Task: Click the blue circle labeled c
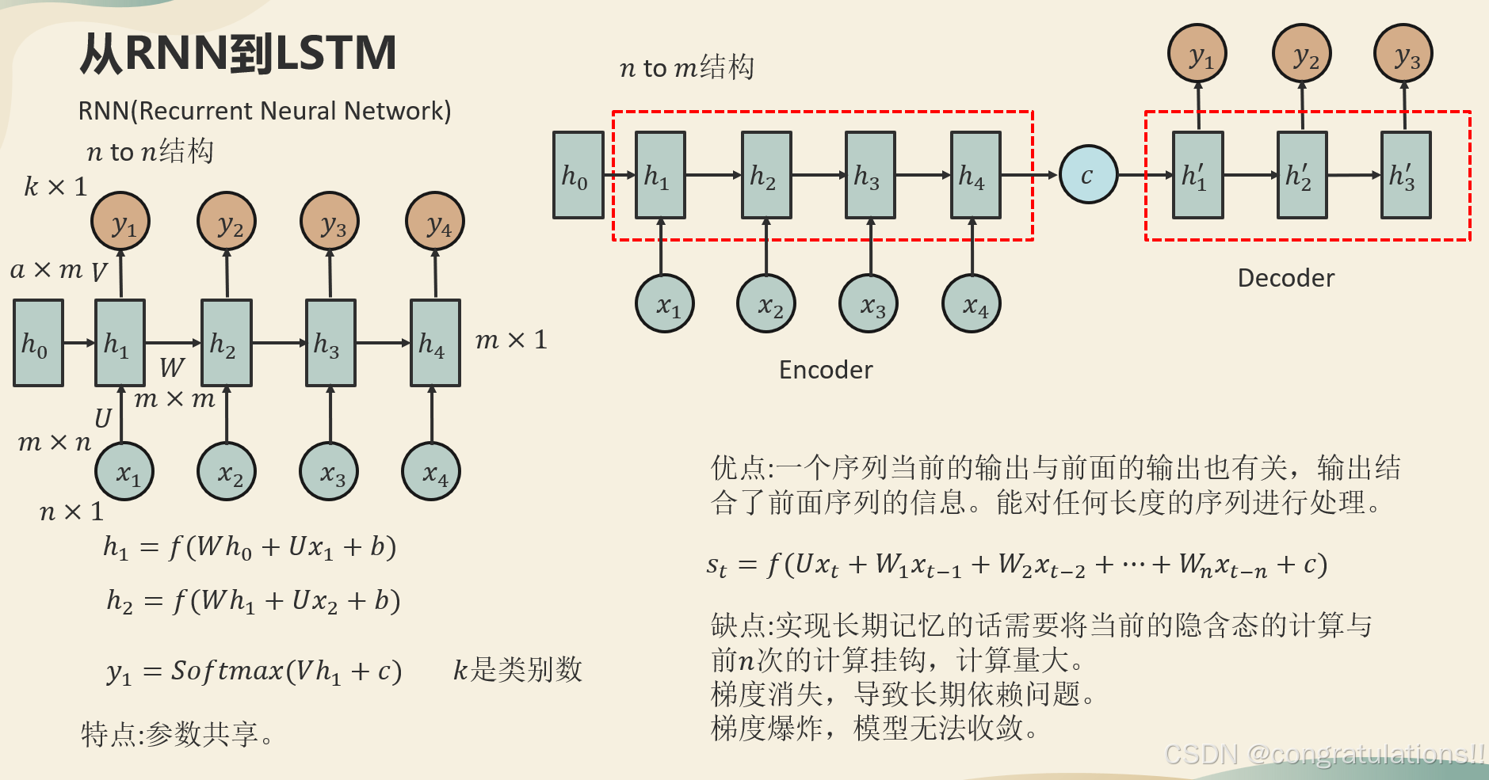[1088, 175]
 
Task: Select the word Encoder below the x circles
[826, 370]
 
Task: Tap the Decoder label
[1285, 278]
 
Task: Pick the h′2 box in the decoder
[1301, 175]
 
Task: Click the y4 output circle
[434, 221]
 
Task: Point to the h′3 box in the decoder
[1405, 175]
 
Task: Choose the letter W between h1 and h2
[172, 367]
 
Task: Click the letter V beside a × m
[98, 273]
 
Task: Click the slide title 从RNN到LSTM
[238, 54]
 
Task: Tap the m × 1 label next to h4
[511, 341]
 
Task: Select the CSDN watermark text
[1323, 754]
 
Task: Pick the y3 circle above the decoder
[1403, 54]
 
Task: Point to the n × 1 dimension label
[71, 512]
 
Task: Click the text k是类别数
[517, 670]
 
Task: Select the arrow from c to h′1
[1144, 175]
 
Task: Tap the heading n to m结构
[686, 68]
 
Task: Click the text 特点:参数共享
[176, 734]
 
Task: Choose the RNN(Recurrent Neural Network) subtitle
[264, 111]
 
